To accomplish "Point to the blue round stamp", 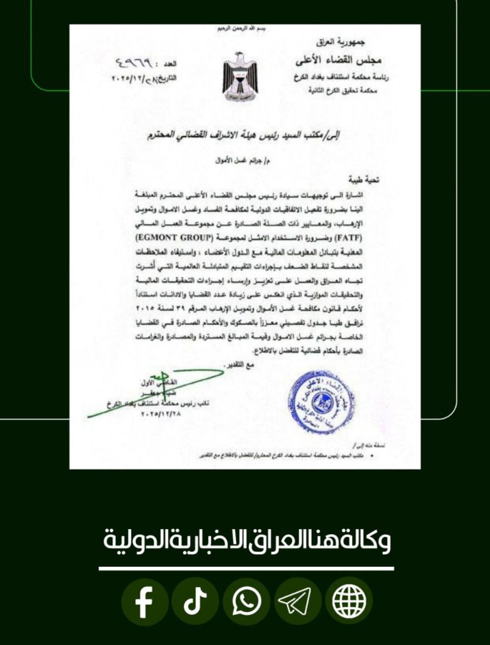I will tap(321, 402).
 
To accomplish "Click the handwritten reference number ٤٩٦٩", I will tap(135, 64).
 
